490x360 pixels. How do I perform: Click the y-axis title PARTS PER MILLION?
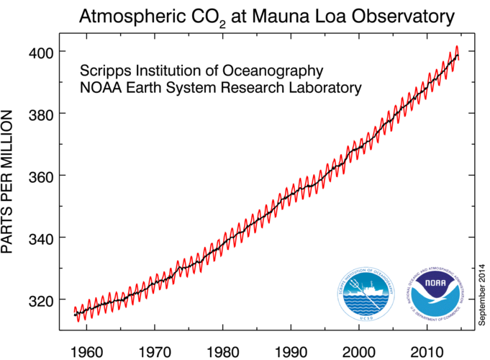[x=9, y=181]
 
